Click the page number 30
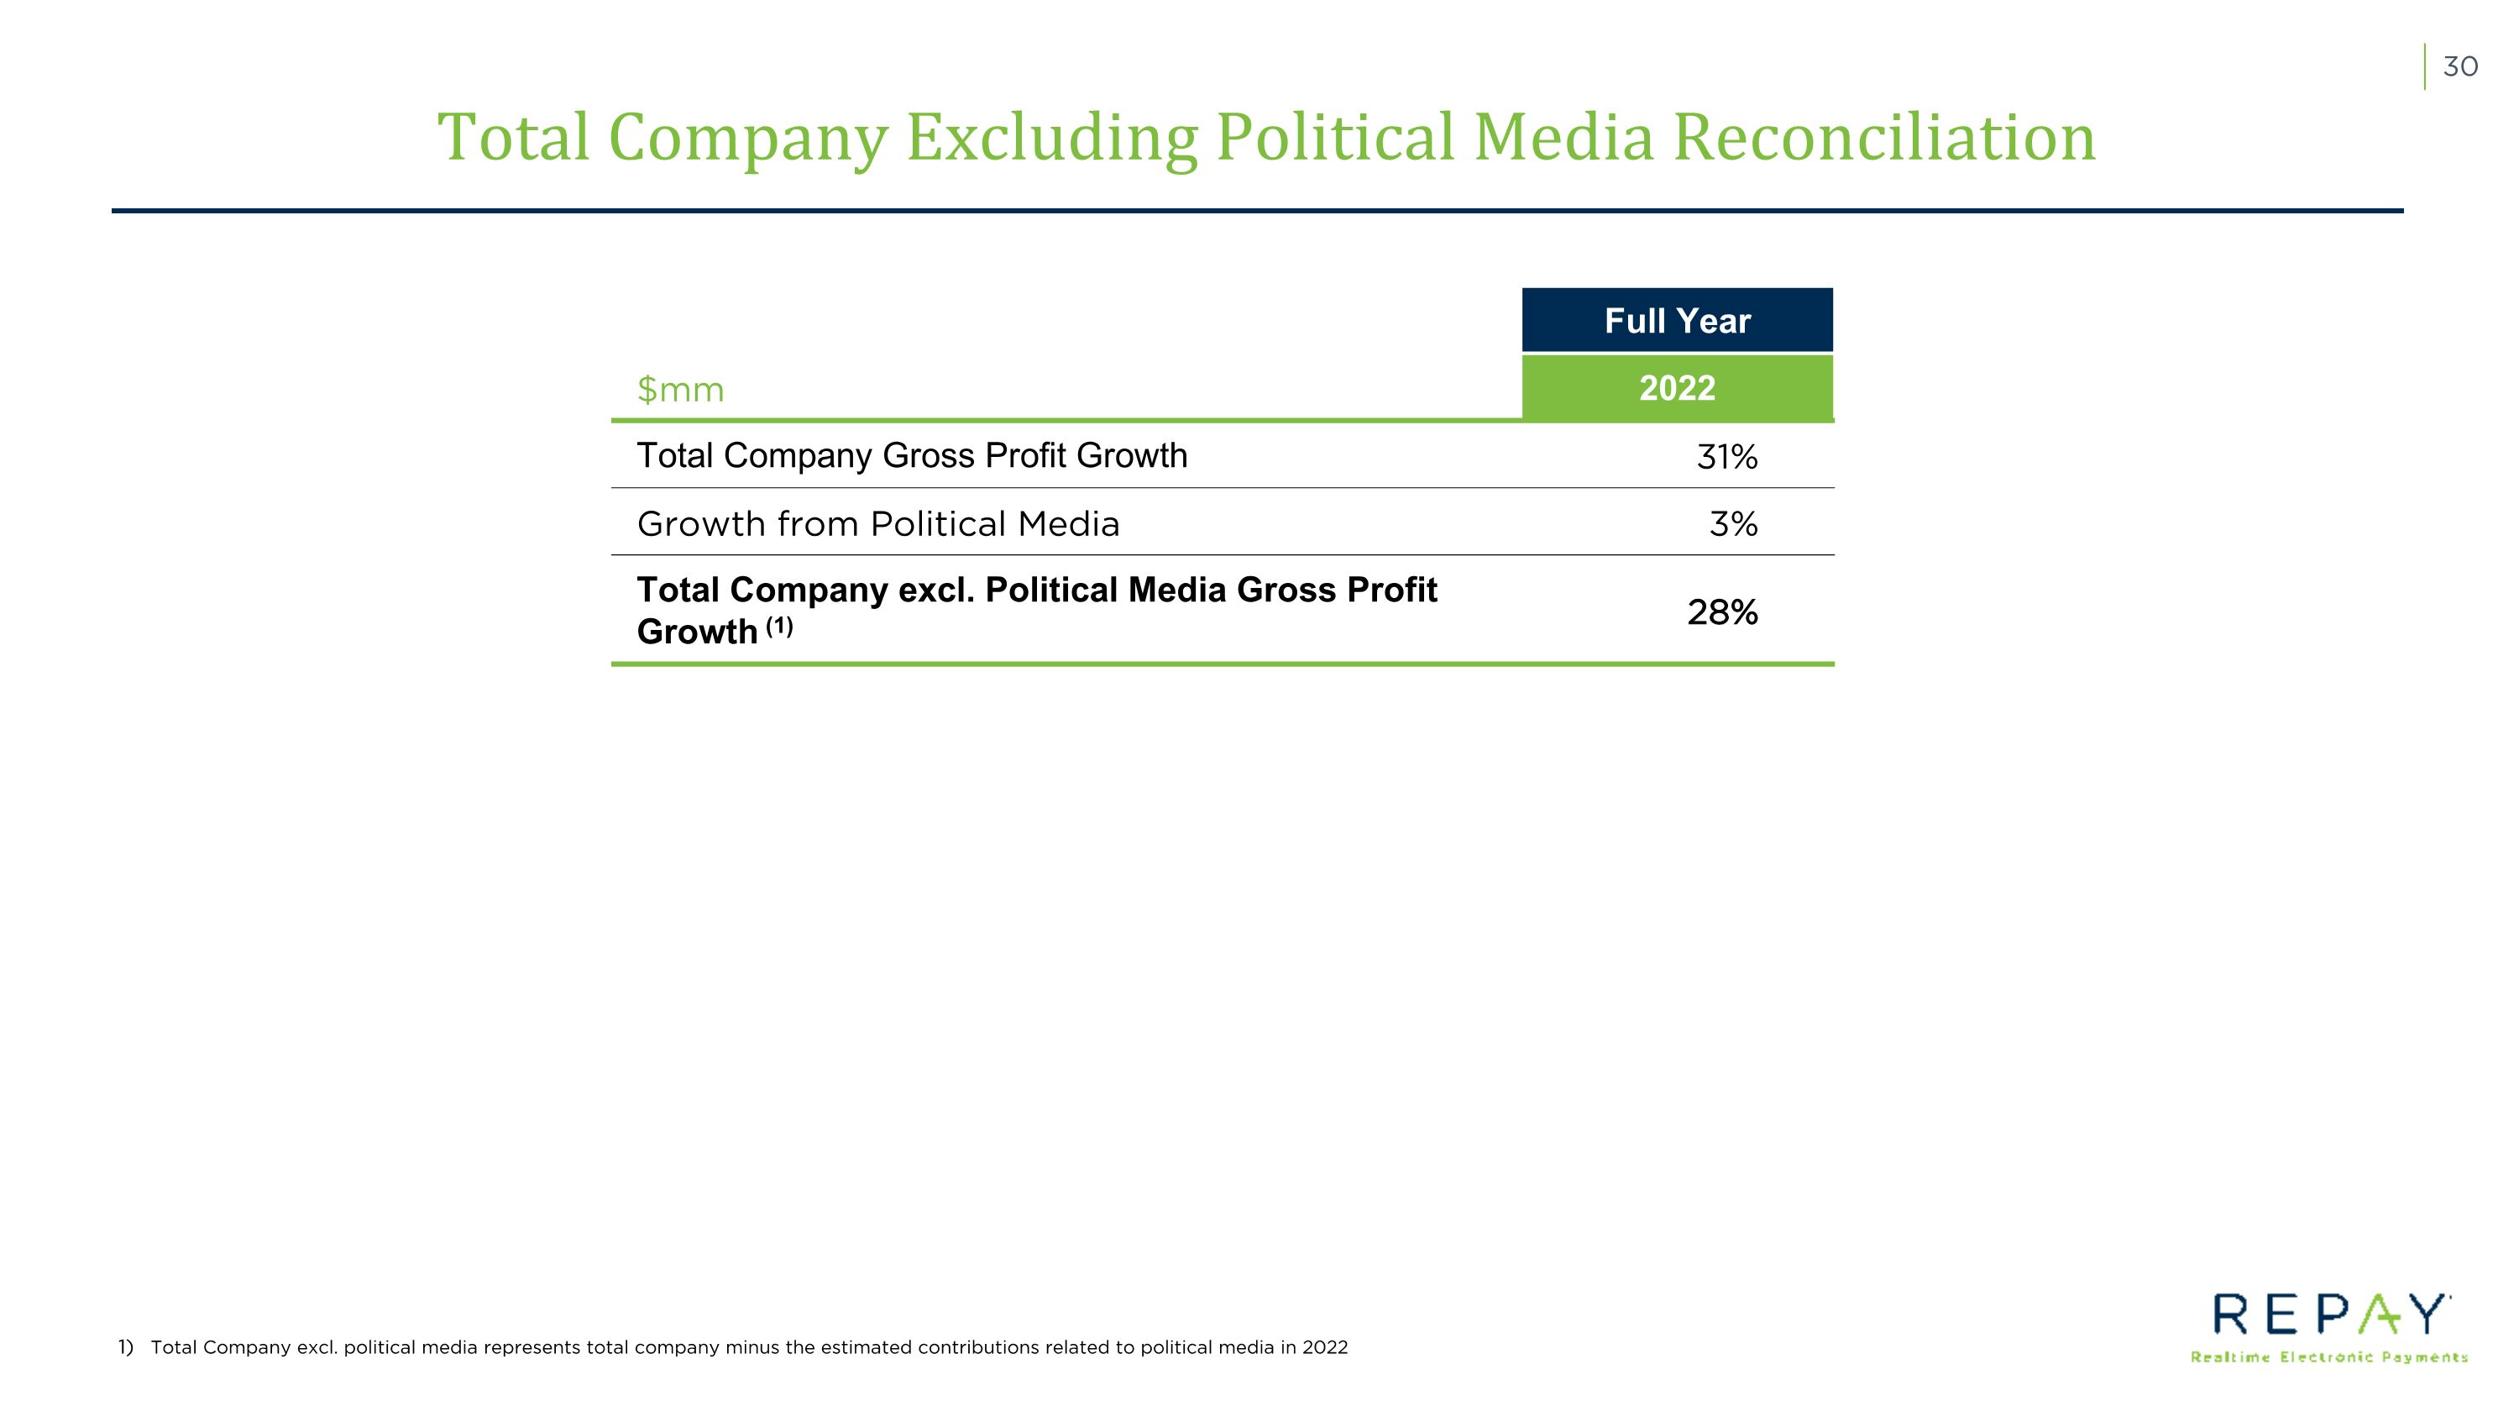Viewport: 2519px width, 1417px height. [2460, 66]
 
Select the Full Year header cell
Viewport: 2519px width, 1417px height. [1677, 320]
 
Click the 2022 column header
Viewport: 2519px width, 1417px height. [1677, 388]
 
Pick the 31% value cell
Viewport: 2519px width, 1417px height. [1727, 457]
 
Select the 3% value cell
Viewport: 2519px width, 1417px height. [1734, 524]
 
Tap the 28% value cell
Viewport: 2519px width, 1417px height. [1723, 612]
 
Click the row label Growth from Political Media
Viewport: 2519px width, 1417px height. [878, 524]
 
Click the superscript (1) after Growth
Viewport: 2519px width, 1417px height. [778, 626]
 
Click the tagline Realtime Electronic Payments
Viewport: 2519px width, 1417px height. [2329, 1357]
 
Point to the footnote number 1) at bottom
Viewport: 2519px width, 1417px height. [126, 1346]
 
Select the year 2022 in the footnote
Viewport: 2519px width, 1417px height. [1325, 1346]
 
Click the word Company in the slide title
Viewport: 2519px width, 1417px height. [748, 138]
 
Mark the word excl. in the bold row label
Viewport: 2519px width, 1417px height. [936, 590]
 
